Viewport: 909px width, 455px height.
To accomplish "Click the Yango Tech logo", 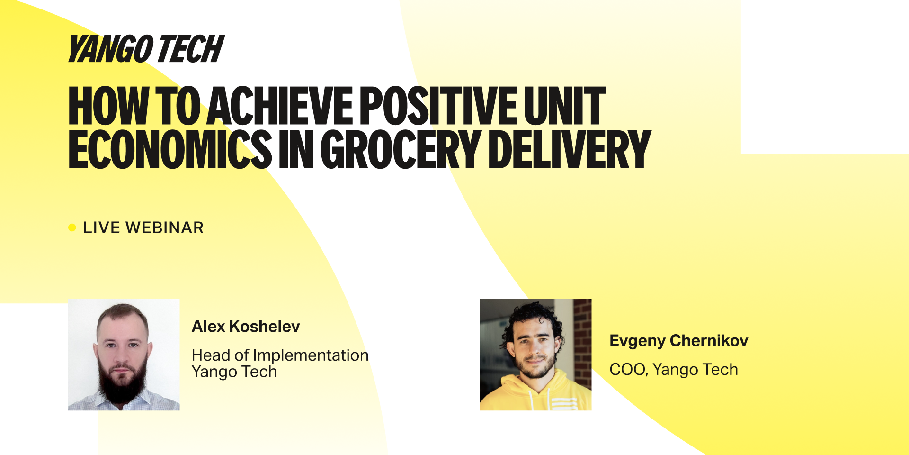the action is pos(146,49).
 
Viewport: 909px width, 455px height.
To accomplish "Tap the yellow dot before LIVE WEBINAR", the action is pos(72,227).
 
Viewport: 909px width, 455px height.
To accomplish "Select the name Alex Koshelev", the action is pos(246,326).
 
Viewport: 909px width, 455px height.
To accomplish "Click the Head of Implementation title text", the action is pos(280,355).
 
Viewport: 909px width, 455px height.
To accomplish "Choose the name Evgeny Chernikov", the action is pos(678,341).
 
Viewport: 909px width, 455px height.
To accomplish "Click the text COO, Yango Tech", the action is pos(674,369).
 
